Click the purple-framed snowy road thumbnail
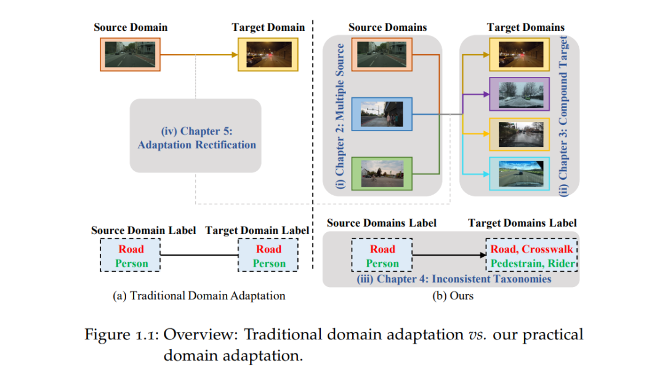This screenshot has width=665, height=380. pyautogui.click(x=520, y=94)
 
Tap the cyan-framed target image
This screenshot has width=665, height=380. pyautogui.click(x=520, y=174)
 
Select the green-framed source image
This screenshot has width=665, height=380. pyautogui.click(x=382, y=174)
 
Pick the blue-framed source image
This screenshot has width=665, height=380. pyautogui.click(x=382, y=114)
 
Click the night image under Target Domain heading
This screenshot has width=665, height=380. pyautogui.click(x=268, y=54)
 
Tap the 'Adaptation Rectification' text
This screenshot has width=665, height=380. pyautogui.click(x=197, y=145)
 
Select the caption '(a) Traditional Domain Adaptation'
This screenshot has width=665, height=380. pyautogui.click(x=199, y=296)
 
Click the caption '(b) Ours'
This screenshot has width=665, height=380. pyautogui.click(x=453, y=296)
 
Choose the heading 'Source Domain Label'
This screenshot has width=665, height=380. pyautogui.click(x=143, y=230)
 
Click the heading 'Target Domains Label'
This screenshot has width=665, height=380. pyautogui.click(x=522, y=223)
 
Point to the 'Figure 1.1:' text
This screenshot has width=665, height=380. pyautogui.click(x=122, y=334)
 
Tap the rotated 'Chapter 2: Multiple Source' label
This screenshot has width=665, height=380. pyautogui.click(x=340, y=115)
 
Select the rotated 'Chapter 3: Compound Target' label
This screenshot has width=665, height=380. pyautogui.click(x=563, y=116)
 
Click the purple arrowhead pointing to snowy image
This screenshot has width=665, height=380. pyautogui.click(x=486, y=94)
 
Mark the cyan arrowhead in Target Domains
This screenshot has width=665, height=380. pyautogui.click(x=486, y=174)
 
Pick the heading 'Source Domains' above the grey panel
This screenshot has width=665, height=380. pyautogui.click(x=388, y=27)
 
